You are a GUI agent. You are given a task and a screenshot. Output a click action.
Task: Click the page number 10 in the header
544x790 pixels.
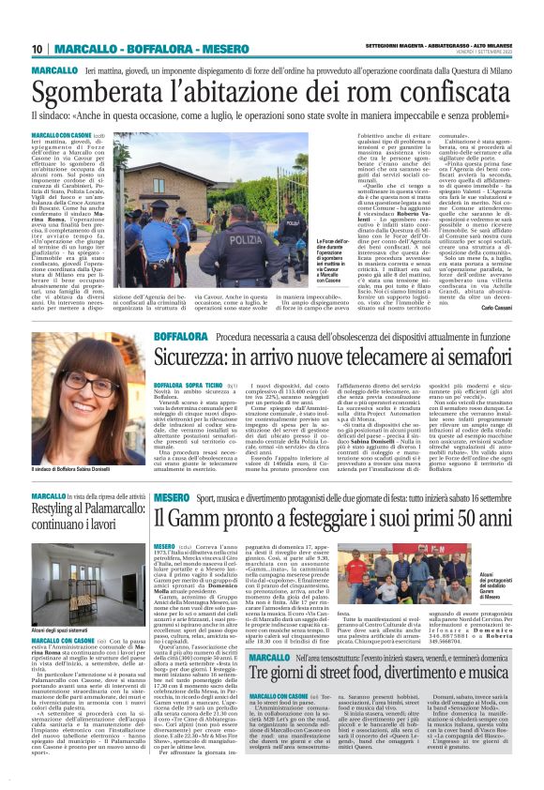pos(38,48)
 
